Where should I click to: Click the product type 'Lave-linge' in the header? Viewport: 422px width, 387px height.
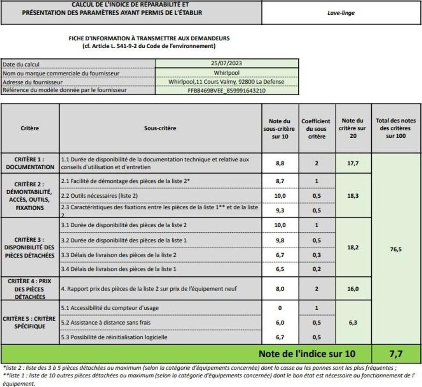pyautogui.click(x=340, y=13)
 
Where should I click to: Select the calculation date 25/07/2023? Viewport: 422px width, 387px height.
pyautogui.click(x=226, y=64)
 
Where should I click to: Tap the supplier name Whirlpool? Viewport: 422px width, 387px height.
pyautogui.click(x=226, y=73)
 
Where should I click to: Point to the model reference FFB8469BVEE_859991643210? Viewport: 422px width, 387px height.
pyautogui.click(x=226, y=90)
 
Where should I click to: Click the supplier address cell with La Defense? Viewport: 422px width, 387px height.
pyautogui.click(x=226, y=81)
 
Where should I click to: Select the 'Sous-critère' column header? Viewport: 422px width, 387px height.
pyautogui.click(x=160, y=128)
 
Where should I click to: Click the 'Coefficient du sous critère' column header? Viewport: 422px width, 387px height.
pyautogui.click(x=316, y=128)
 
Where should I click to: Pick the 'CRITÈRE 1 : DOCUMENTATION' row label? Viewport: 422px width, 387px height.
pyautogui.click(x=30, y=163)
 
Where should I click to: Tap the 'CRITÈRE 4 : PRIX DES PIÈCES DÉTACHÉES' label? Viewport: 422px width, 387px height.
pyautogui.click(x=30, y=289)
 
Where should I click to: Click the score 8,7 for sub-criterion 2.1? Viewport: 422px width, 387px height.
pyautogui.click(x=280, y=181)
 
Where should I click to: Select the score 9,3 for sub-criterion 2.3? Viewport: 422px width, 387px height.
pyautogui.click(x=280, y=210)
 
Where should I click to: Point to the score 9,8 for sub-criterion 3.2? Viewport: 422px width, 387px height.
pyautogui.click(x=280, y=240)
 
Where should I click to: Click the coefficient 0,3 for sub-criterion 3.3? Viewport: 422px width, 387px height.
pyautogui.click(x=316, y=255)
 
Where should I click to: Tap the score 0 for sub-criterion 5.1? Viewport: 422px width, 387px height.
pyautogui.click(x=280, y=308)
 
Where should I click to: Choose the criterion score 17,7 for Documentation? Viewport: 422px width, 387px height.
pyautogui.click(x=353, y=163)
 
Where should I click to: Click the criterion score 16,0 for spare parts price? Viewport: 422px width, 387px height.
pyautogui.click(x=353, y=289)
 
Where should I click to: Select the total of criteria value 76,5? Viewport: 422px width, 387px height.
pyautogui.click(x=396, y=249)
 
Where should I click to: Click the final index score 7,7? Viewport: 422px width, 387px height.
pyautogui.click(x=396, y=354)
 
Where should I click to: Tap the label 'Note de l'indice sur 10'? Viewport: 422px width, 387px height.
pyautogui.click(x=307, y=354)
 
